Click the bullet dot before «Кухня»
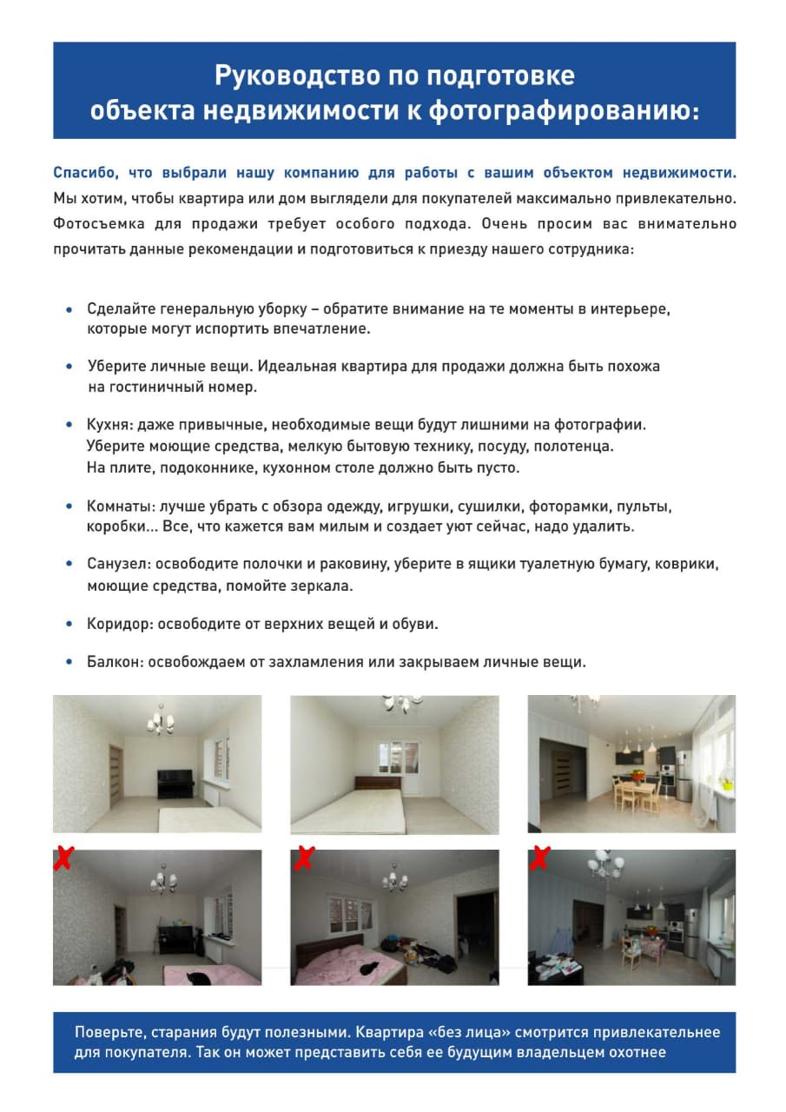click(69, 426)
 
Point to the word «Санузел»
click(117, 565)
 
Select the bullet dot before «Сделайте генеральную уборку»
click(69, 309)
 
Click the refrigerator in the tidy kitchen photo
click(684, 776)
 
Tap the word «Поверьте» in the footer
click(109, 1033)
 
